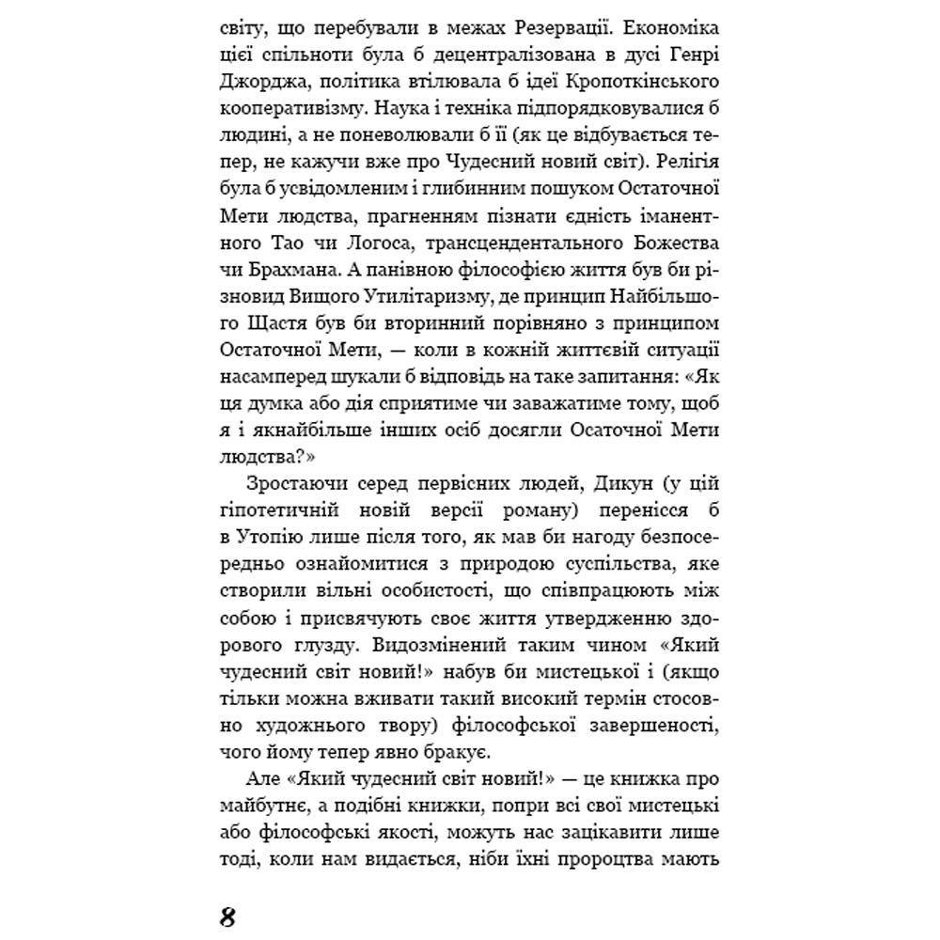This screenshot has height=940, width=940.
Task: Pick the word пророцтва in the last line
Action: (x=587, y=857)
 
